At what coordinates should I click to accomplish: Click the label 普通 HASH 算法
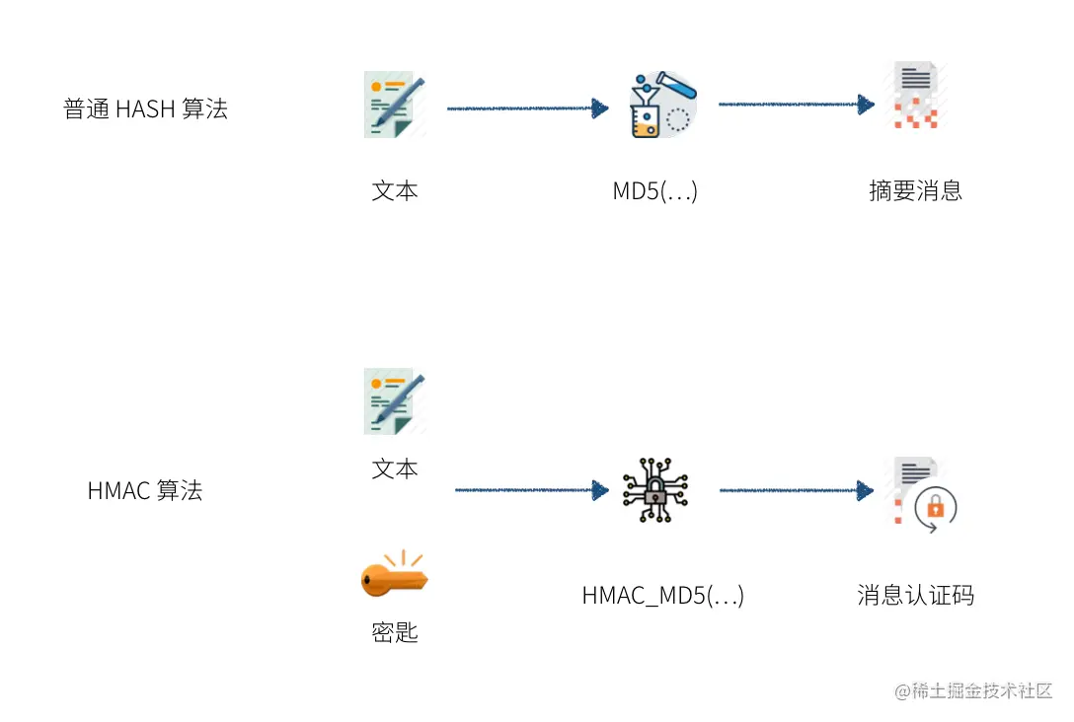(x=145, y=108)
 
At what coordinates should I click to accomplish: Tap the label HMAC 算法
(x=145, y=490)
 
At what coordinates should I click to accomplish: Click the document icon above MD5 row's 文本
(x=395, y=105)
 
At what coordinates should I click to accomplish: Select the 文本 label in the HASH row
(x=395, y=191)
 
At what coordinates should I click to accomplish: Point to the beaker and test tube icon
(x=662, y=104)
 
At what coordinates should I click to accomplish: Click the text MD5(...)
(x=654, y=191)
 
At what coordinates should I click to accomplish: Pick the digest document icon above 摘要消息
(x=916, y=95)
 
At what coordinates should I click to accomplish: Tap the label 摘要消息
(x=916, y=190)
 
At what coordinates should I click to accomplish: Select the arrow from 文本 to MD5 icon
(x=527, y=108)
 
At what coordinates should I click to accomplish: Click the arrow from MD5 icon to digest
(x=797, y=104)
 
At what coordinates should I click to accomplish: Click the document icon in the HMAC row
(x=395, y=401)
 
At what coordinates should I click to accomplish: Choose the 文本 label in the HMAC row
(x=395, y=469)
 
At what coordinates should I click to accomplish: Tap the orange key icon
(x=395, y=573)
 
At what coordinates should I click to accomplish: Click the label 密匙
(x=395, y=631)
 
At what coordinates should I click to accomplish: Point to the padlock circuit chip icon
(x=655, y=490)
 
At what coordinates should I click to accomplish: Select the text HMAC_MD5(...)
(x=663, y=596)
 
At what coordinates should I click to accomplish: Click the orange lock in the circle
(x=936, y=507)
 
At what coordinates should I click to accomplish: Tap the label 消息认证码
(x=916, y=596)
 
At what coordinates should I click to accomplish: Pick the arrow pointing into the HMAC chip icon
(x=531, y=490)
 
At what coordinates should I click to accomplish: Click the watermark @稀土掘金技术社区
(x=973, y=690)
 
